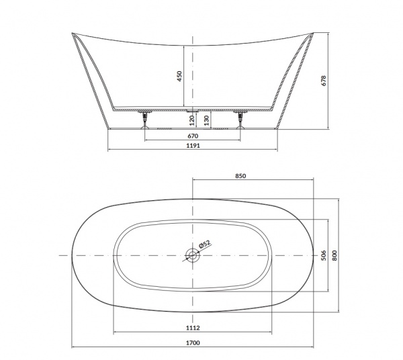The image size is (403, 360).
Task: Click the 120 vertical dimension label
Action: tap(191, 120)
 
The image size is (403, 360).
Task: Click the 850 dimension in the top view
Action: tap(241, 176)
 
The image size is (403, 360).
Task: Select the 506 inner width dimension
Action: tap(324, 255)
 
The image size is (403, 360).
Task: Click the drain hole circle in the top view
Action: tap(193, 255)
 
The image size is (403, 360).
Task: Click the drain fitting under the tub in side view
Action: tap(193, 111)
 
